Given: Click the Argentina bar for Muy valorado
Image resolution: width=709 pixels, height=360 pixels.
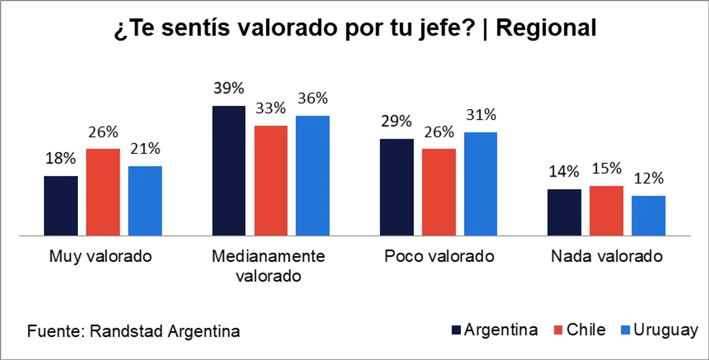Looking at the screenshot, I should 61,206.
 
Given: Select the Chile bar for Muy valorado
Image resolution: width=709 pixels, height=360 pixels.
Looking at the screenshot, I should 103,192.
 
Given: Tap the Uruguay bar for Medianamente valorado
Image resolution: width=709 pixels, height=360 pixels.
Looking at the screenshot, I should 313,176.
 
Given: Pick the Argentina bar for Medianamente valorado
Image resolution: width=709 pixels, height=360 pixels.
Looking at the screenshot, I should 229,171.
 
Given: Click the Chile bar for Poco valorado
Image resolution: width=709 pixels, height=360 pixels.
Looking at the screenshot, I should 439,192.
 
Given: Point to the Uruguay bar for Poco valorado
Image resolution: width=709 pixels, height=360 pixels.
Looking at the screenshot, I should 481,184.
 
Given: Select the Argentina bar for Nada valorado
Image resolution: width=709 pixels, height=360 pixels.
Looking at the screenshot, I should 564,213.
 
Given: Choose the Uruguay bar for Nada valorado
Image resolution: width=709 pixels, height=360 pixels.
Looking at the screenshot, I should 649,215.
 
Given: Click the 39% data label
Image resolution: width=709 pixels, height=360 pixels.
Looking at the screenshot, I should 229,88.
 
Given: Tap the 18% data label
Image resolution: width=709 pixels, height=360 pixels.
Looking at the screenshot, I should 61,158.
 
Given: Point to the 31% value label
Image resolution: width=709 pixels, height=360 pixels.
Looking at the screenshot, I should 481,115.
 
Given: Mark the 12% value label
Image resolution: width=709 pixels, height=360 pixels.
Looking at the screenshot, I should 649,178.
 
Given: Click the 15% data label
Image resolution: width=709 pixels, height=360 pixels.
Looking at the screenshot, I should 607,168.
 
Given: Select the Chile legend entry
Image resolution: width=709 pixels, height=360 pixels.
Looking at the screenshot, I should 580,330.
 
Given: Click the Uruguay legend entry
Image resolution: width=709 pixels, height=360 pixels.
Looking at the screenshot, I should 658,330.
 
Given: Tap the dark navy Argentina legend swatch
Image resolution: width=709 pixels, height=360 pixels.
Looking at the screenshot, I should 456,331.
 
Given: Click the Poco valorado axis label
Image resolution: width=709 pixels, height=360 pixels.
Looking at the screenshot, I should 439,256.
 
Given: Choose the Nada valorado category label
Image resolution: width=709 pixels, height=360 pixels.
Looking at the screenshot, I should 607,256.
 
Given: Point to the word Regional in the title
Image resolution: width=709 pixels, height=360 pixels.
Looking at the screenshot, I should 546,28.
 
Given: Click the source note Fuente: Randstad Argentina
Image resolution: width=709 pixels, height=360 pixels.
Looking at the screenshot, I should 133,331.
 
